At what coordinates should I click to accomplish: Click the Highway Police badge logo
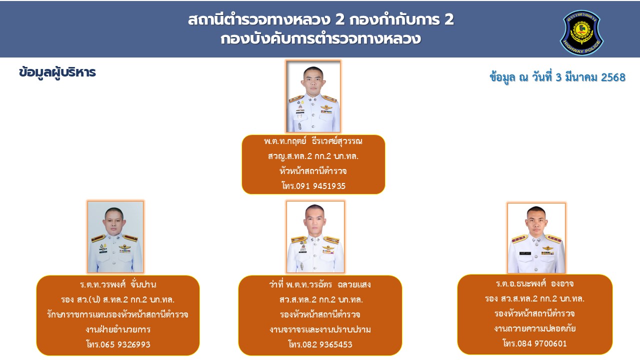pyautogui.click(x=581, y=32)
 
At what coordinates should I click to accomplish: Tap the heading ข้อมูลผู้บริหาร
pyautogui.click(x=57, y=72)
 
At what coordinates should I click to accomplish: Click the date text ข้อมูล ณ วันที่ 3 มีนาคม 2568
pyautogui.click(x=557, y=77)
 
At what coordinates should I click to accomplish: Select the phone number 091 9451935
pyautogui.click(x=320, y=186)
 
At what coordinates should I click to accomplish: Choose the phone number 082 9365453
pyautogui.click(x=327, y=344)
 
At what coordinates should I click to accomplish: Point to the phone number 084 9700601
pyautogui.click(x=542, y=343)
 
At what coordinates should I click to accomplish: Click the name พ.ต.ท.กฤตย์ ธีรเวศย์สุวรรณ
pyautogui.click(x=313, y=141)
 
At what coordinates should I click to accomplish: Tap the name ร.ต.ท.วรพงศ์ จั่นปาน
pyautogui.click(x=118, y=284)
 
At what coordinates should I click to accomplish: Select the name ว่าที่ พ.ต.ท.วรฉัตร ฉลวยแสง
pyautogui.click(x=320, y=284)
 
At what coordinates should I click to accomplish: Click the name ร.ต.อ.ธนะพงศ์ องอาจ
pyautogui.click(x=535, y=283)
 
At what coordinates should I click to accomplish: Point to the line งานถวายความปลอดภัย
pyautogui.click(x=535, y=328)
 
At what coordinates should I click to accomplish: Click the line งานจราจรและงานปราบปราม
pyautogui.click(x=320, y=329)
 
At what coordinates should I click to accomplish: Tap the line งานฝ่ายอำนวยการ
pyautogui.click(x=118, y=329)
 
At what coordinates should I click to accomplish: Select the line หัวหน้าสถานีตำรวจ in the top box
pyautogui.click(x=313, y=171)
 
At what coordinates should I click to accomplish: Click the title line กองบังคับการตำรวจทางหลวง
pyautogui.click(x=320, y=39)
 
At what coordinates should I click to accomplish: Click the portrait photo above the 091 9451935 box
pyautogui.click(x=313, y=96)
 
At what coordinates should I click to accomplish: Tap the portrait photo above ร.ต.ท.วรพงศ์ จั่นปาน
pyautogui.click(x=115, y=237)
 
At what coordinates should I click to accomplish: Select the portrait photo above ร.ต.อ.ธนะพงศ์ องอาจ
pyautogui.click(x=536, y=238)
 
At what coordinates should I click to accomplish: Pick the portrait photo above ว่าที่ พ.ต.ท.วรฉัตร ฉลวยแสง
pyautogui.click(x=315, y=237)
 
